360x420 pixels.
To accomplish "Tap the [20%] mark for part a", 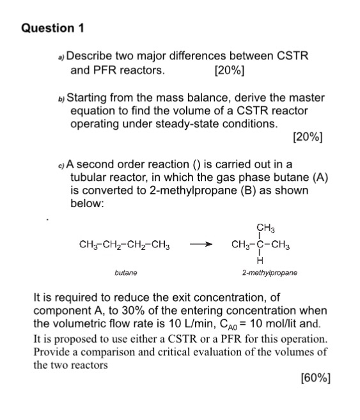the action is pyautogui.click(x=230, y=70).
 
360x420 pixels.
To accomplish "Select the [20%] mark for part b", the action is pyautogui.click(x=307, y=137).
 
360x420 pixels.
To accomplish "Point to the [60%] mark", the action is pyautogui.click(x=315, y=378).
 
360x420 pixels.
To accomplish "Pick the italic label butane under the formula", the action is pyautogui.click(x=125, y=272).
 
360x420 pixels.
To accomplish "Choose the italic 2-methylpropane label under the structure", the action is pyautogui.click(x=269, y=272).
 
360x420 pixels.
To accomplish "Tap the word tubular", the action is pyautogui.click(x=90, y=178).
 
